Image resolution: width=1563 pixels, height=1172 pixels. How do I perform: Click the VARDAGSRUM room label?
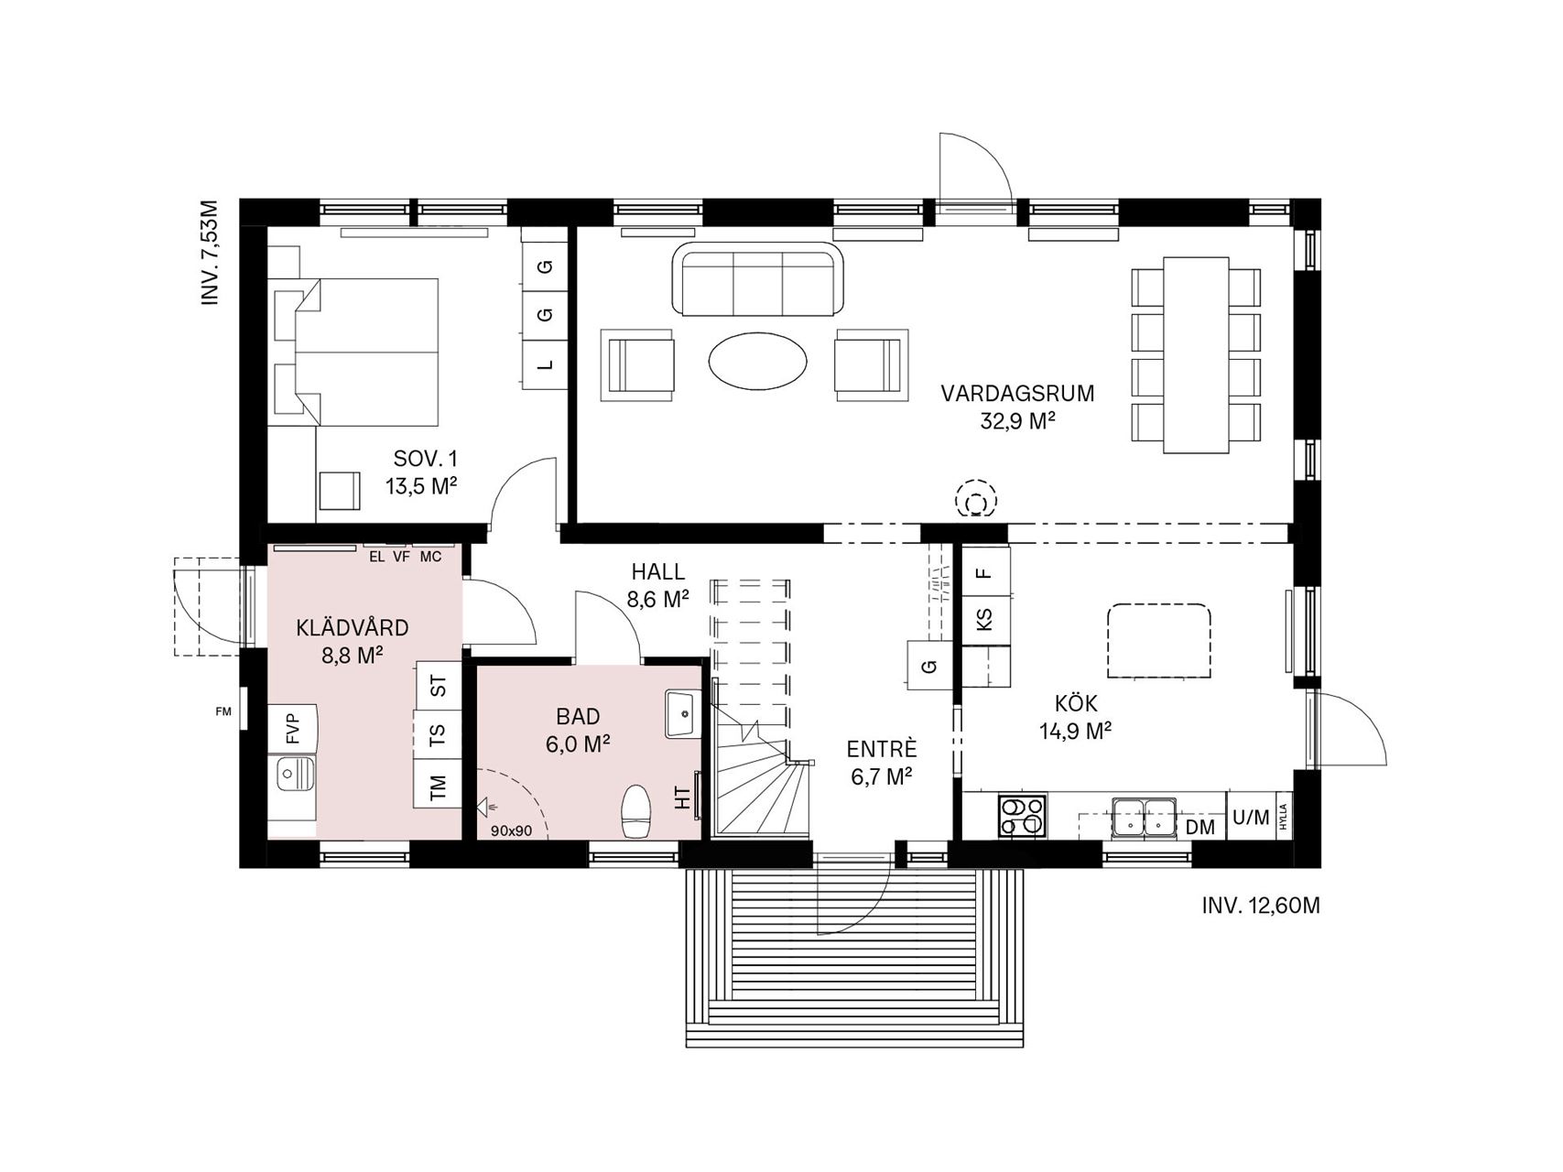(1017, 394)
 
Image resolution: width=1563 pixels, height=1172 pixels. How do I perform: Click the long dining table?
(1196, 354)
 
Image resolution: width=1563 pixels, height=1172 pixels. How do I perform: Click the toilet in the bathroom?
(636, 811)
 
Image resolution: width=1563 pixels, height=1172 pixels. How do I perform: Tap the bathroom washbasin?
(682, 713)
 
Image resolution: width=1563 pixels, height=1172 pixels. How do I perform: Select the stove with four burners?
(1022, 815)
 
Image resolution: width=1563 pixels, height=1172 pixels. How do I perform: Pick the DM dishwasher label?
(1199, 828)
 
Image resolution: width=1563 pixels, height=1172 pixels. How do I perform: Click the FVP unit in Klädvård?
(293, 728)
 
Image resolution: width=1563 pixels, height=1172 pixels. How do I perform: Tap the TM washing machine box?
(438, 785)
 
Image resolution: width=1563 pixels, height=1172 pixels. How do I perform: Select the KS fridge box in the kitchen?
(985, 620)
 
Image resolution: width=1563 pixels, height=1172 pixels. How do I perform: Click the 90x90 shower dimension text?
(512, 830)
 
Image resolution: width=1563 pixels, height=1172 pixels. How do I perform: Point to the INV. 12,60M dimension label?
(1261, 906)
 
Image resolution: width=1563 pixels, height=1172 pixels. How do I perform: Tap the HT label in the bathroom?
(682, 798)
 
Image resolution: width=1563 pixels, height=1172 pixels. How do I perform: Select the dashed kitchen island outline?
(1158, 641)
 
